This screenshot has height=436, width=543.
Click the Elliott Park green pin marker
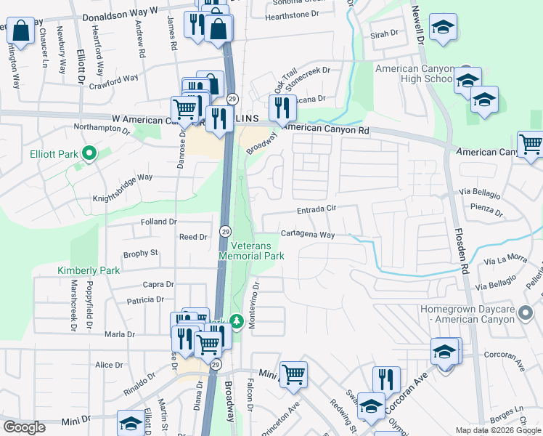tap(89, 153)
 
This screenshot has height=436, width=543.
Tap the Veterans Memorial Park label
tap(251, 251)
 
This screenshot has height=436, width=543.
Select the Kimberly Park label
tap(89, 270)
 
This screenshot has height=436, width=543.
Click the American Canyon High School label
tap(414, 73)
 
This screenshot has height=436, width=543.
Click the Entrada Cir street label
tap(317, 210)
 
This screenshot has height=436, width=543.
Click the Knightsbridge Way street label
tap(123, 177)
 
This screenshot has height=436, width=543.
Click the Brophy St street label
tap(141, 253)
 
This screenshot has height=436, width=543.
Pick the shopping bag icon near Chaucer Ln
tap(20, 31)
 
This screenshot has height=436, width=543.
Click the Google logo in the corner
tap(24, 427)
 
